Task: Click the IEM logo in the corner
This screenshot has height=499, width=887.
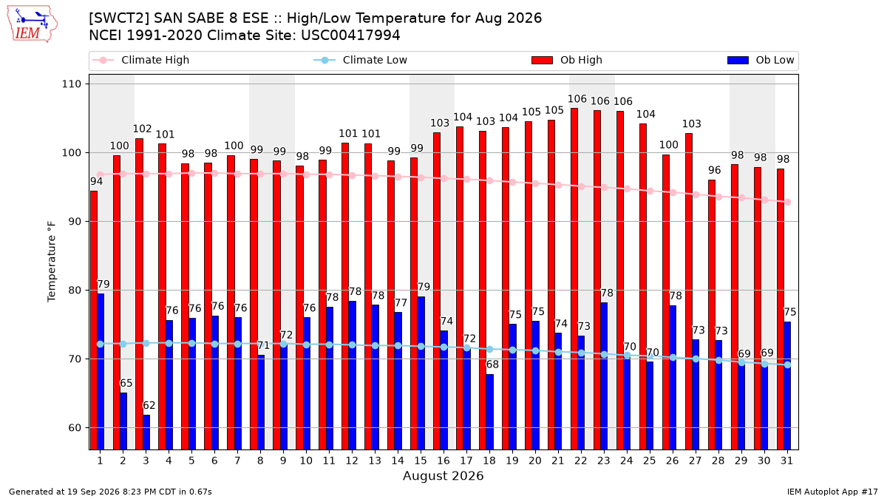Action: tap(33, 24)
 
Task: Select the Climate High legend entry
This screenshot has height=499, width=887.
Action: tap(140, 60)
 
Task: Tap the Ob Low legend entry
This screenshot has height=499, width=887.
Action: tap(761, 60)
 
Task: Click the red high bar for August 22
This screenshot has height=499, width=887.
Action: tap(574, 279)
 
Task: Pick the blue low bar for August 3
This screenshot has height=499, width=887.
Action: tap(146, 432)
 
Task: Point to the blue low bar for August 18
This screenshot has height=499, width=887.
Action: tap(490, 413)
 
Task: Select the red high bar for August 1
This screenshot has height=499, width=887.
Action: tap(94, 320)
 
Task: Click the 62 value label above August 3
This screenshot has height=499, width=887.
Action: tap(149, 406)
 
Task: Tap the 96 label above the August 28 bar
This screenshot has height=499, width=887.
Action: tap(714, 170)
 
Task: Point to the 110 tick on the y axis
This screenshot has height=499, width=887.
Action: tap(71, 84)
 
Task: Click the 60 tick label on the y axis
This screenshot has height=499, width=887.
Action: tap(75, 428)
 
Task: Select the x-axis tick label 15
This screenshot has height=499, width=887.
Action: tap(421, 461)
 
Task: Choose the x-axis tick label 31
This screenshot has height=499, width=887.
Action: tap(786, 461)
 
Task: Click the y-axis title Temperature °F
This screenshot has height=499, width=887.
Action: tap(52, 262)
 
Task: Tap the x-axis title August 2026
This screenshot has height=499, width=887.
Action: tap(443, 475)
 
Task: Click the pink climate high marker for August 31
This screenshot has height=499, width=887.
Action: tap(788, 203)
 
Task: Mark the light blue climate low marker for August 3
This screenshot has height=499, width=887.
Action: tap(146, 343)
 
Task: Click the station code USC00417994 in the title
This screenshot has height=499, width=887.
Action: tap(350, 35)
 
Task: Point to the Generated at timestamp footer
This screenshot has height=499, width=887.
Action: tap(110, 492)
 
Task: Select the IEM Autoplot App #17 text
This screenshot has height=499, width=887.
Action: tap(832, 492)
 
